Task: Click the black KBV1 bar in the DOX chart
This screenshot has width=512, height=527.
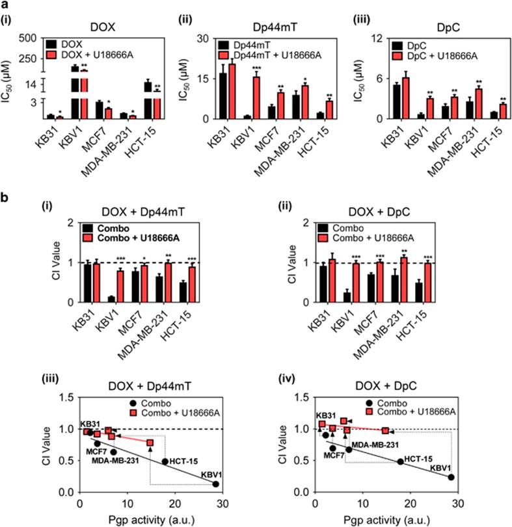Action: pyautogui.click(x=75, y=91)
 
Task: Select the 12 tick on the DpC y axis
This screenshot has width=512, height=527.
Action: pyautogui.click(x=372, y=38)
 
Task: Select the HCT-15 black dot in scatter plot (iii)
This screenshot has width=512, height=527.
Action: pyautogui.click(x=165, y=462)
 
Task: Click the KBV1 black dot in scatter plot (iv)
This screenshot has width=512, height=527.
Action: pyautogui.click(x=451, y=477)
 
